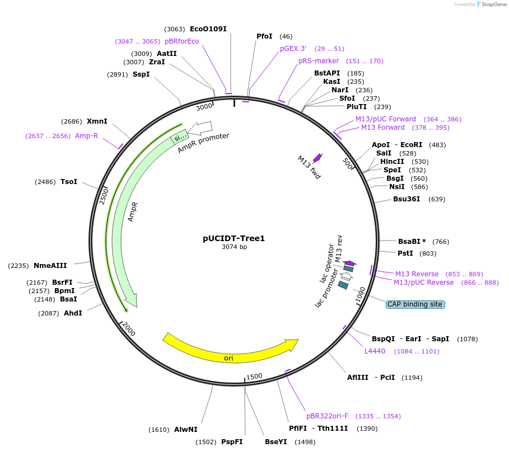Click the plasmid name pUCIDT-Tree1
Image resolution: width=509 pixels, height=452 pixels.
pos(234,238)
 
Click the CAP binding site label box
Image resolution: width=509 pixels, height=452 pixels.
pos(415,304)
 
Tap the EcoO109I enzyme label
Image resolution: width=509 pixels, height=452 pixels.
pos(208,29)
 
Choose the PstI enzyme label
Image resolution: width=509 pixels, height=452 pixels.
pos(405,253)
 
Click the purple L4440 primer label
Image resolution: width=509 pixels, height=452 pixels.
pos(375,351)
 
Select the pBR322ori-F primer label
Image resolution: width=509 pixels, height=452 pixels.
pos(327,416)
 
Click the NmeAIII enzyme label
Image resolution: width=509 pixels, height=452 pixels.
pos(50,266)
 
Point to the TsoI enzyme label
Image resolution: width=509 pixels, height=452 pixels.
pos(69,182)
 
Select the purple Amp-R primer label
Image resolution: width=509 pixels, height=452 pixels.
pos(86,136)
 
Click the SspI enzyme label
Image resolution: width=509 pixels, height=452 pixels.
pos(141,74)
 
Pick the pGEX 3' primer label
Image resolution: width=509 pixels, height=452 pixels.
pos(293,49)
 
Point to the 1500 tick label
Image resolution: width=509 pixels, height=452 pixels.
pos(254,376)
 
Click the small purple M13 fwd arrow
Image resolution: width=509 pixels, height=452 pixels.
pos(317,158)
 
